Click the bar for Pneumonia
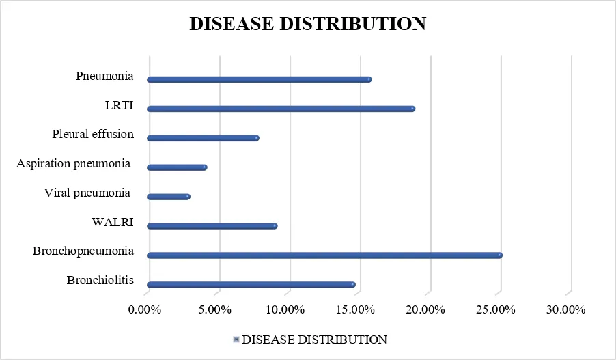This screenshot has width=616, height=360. pyautogui.click(x=260, y=79)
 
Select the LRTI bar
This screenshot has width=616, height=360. pyautogui.click(x=281, y=109)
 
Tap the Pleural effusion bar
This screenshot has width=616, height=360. pyautogui.click(x=203, y=138)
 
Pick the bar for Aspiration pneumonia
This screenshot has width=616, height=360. pyautogui.click(x=177, y=167)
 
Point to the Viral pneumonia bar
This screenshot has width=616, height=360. pyautogui.click(x=169, y=197)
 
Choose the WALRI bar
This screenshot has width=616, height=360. pyautogui.click(x=212, y=226)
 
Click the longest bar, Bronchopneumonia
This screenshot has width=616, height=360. pyautogui.click(x=325, y=255)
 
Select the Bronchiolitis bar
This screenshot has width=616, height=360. pyautogui.click(x=251, y=285)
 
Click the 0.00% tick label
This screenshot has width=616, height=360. pyautogui.click(x=145, y=309)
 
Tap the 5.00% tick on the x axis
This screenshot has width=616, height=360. pyautogui.click(x=214, y=309)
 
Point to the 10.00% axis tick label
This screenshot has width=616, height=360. pyautogui.click(x=285, y=309)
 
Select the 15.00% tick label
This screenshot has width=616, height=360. pyautogui.click(x=356, y=309)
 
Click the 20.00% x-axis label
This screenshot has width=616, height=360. pyautogui.click(x=425, y=309)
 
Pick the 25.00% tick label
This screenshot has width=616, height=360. pyautogui.click(x=496, y=309)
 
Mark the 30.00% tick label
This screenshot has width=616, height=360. pyautogui.click(x=566, y=309)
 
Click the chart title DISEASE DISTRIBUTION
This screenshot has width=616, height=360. pyautogui.click(x=308, y=24)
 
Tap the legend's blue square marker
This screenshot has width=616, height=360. pyautogui.click(x=236, y=340)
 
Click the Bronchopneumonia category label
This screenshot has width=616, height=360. pyautogui.click(x=83, y=251)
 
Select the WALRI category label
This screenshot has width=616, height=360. pyautogui.click(x=113, y=222)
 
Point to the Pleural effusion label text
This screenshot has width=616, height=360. pyautogui.click(x=93, y=134)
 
